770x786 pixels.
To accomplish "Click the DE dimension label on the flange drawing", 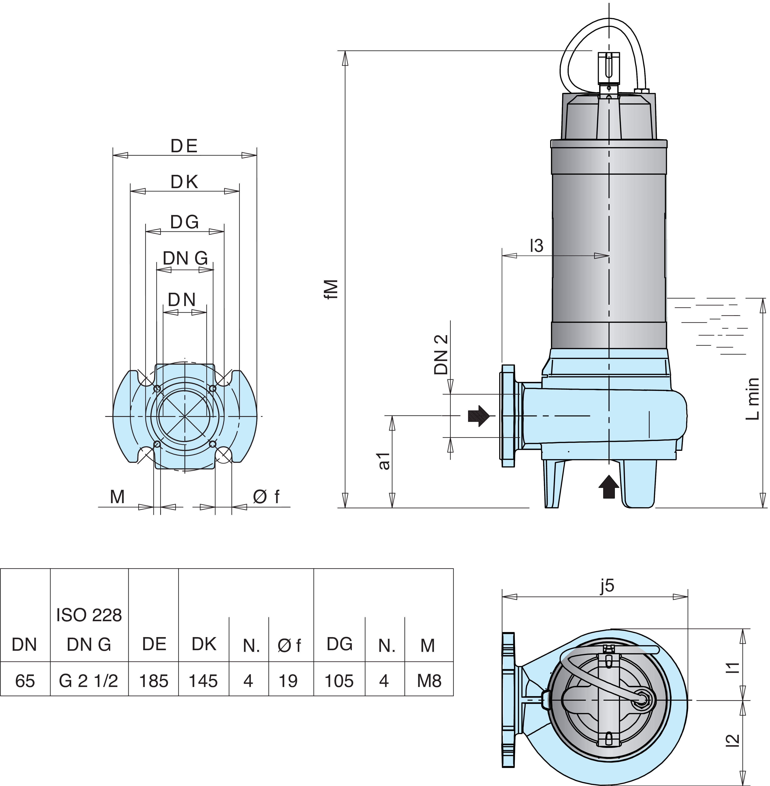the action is click(184, 146).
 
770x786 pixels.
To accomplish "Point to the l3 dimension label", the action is click(537, 246).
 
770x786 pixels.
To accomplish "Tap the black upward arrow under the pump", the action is click(609, 487).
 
